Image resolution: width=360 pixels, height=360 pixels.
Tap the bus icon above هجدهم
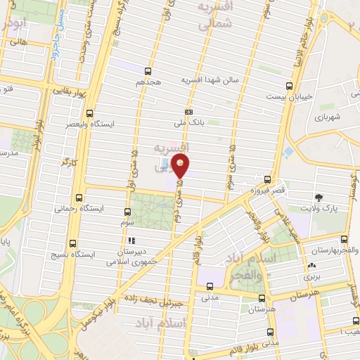click(148, 71)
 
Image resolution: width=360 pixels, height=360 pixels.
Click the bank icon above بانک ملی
click(188, 112)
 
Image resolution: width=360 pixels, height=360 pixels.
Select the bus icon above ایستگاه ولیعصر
click(89, 113)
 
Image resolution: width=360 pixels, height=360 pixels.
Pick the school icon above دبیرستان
click(131, 240)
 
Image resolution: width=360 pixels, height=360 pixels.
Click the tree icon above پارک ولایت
click(321, 198)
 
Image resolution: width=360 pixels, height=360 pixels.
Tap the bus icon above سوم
click(127, 212)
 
